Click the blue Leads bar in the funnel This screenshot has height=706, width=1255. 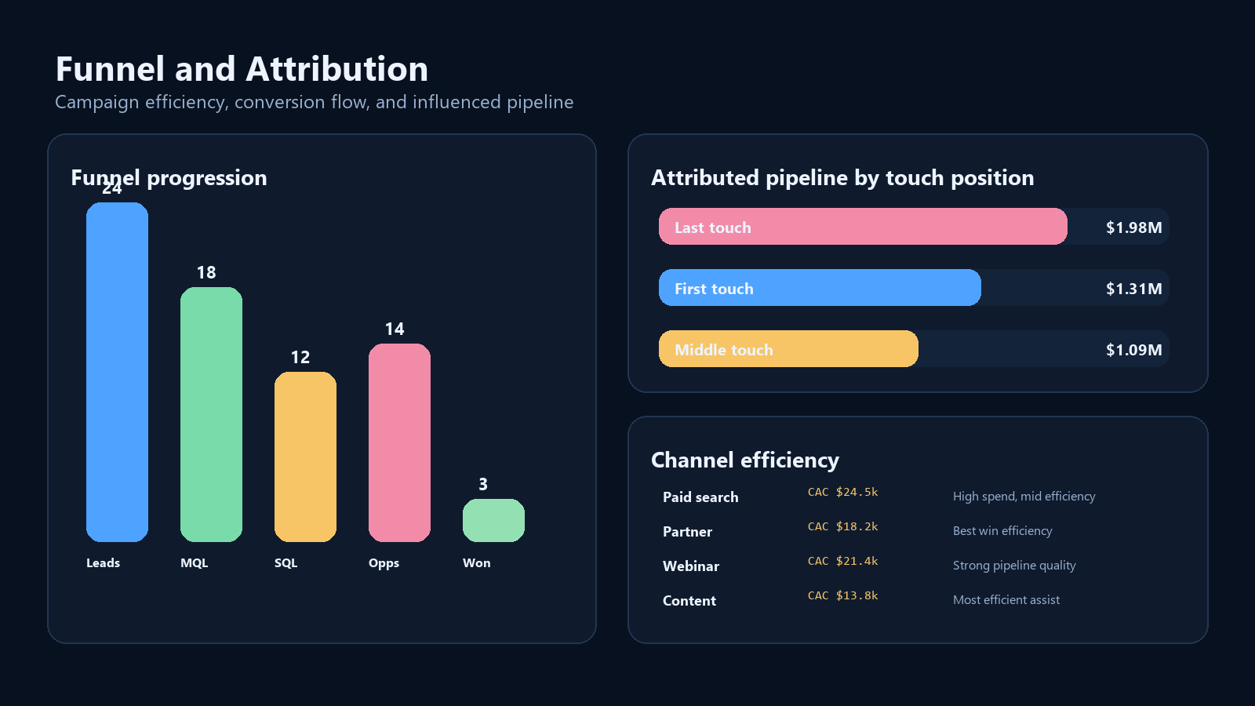pos(117,372)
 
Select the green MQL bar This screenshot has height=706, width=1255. pos(211,415)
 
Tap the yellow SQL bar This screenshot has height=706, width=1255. pos(305,457)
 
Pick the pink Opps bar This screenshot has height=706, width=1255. pos(399,442)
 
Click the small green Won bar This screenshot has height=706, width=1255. pos(493,521)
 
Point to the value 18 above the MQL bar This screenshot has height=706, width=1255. pos(206,273)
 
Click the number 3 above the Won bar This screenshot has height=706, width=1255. pos(483,484)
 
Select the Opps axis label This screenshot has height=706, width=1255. pos(384,563)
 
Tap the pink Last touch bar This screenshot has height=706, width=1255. pos(863,227)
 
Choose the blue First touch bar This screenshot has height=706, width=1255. pos(820,287)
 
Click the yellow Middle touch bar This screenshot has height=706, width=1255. pos(788,348)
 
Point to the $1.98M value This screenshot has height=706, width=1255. pos(1134,227)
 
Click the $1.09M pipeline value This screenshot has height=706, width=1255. pos(1134,350)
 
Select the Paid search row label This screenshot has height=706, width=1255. pos(700,497)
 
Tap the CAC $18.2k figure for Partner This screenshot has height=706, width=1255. pos(842,526)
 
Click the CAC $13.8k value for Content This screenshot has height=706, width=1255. pos(842,595)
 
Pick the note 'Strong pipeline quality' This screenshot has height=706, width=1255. pos(1014,566)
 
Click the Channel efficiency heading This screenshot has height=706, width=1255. pos(745,460)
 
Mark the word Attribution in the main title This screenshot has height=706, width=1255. pos(336,69)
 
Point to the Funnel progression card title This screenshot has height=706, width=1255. pos(169,178)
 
